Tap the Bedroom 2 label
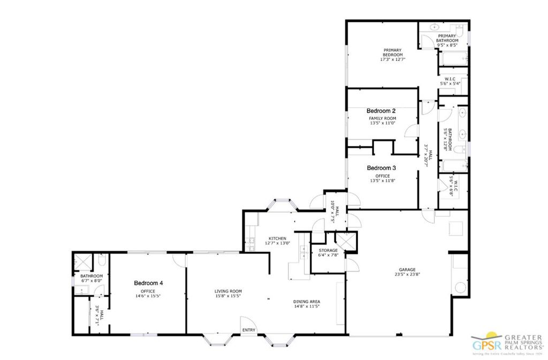(x=381, y=111)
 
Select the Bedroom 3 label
(x=381, y=168)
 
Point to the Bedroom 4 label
(x=148, y=283)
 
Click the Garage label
(x=407, y=270)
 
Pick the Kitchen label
(x=277, y=239)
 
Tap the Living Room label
(x=225, y=291)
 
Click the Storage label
(x=328, y=250)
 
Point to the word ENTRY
(x=249, y=330)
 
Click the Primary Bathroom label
(x=447, y=38)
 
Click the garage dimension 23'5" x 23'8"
(x=407, y=275)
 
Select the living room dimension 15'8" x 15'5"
(x=225, y=296)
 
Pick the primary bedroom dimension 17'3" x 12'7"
(x=392, y=59)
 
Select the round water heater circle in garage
(x=460, y=288)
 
